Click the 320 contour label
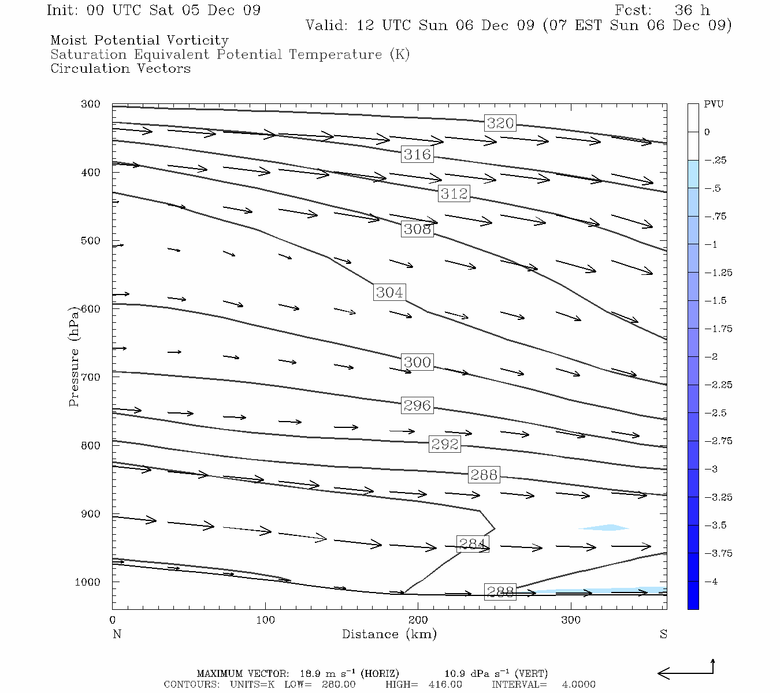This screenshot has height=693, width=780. click(x=500, y=123)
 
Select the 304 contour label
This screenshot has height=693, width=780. click(x=389, y=292)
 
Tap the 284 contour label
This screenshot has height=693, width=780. click(x=472, y=544)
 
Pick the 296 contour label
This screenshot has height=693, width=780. click(x=417, y=405)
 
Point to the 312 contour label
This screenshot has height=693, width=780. click(x=454, y=193)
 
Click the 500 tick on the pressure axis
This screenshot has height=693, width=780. click(x=91, y=241)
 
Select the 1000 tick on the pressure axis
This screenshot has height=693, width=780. click(x=88, y=582)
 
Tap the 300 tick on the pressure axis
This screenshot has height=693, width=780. click(x=91, y=105)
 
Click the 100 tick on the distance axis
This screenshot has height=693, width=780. click(x=265, y=620)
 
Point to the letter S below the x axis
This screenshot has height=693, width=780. click(x=663, y=634)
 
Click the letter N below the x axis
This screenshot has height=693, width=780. click(x=117, y=634)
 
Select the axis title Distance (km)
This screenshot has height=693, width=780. click(x=389, y=634)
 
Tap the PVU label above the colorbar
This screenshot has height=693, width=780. click(x=713, y=105)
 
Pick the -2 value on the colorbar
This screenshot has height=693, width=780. click(x=711, y=357)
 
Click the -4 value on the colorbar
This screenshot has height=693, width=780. click(x=711, y=582)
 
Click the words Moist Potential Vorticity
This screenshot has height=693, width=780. click(x=139, y=40)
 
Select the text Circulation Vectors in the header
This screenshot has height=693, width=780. click(x=120, y=69)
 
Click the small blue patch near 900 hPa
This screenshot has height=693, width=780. click(x=604, y=527)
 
